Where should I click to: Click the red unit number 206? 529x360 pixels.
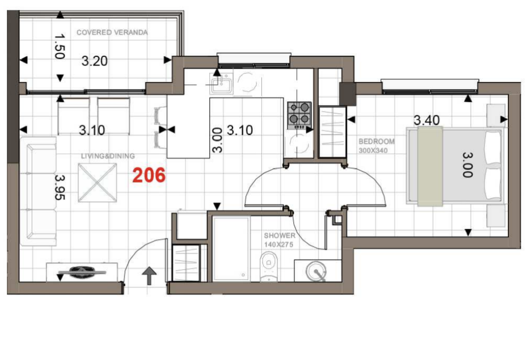pos(149,175)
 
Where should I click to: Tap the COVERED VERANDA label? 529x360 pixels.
pos(112,33)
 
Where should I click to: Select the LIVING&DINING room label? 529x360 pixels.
pos(107,156)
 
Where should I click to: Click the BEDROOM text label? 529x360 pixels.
pos(376,142)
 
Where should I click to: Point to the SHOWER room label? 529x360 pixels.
pos(279,236)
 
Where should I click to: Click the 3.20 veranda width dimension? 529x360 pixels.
pos(95,61)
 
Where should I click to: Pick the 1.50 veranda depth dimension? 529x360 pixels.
pos(60,46)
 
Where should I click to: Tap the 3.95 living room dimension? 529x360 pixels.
pos(60,187)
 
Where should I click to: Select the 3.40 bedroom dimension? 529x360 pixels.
pos(427,120)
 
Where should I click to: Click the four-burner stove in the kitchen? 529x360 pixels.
pos(299,115)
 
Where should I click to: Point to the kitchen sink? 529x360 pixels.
pos(221,84)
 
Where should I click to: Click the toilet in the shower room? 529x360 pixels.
pos(269,267)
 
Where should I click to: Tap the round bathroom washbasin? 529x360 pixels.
pos(317,271)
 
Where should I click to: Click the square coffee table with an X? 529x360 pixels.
pos(98,182)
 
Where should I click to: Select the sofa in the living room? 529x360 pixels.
pos(38,191)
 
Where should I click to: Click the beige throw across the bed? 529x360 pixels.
pos(430,166)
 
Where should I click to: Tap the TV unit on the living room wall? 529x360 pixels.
pos(82,272)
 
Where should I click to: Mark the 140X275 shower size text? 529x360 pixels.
pos(278,245)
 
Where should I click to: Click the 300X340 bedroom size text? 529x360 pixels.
pos(373,150)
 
